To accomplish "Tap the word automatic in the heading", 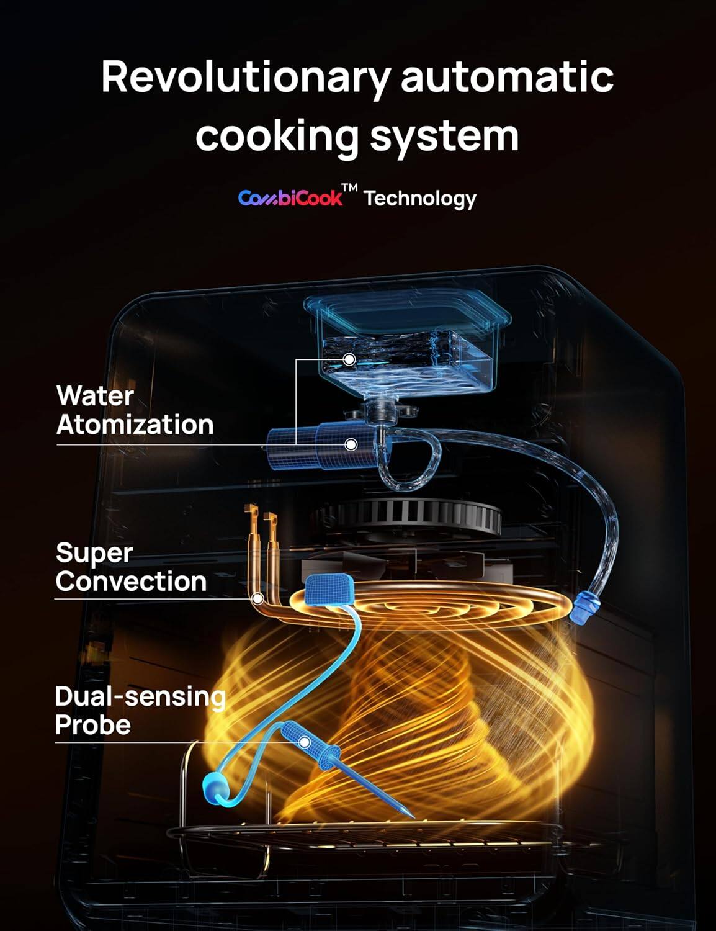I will click(507, 78).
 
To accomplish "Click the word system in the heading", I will click(444, 137).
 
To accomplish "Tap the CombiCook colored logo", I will click(290, 198).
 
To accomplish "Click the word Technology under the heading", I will click(420, 199).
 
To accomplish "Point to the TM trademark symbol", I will click(351, 189).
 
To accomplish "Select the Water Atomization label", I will click(135, 410).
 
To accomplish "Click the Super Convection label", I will click(130, 567).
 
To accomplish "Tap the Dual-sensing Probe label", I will click(139, 711).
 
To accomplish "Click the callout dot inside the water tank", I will click(350, 359).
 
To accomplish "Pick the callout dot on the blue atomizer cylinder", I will click(351, 444).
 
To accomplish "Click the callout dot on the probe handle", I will click(305, 742).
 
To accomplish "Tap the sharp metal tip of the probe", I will click(410, 814).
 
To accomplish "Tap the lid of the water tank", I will click(407, 312).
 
